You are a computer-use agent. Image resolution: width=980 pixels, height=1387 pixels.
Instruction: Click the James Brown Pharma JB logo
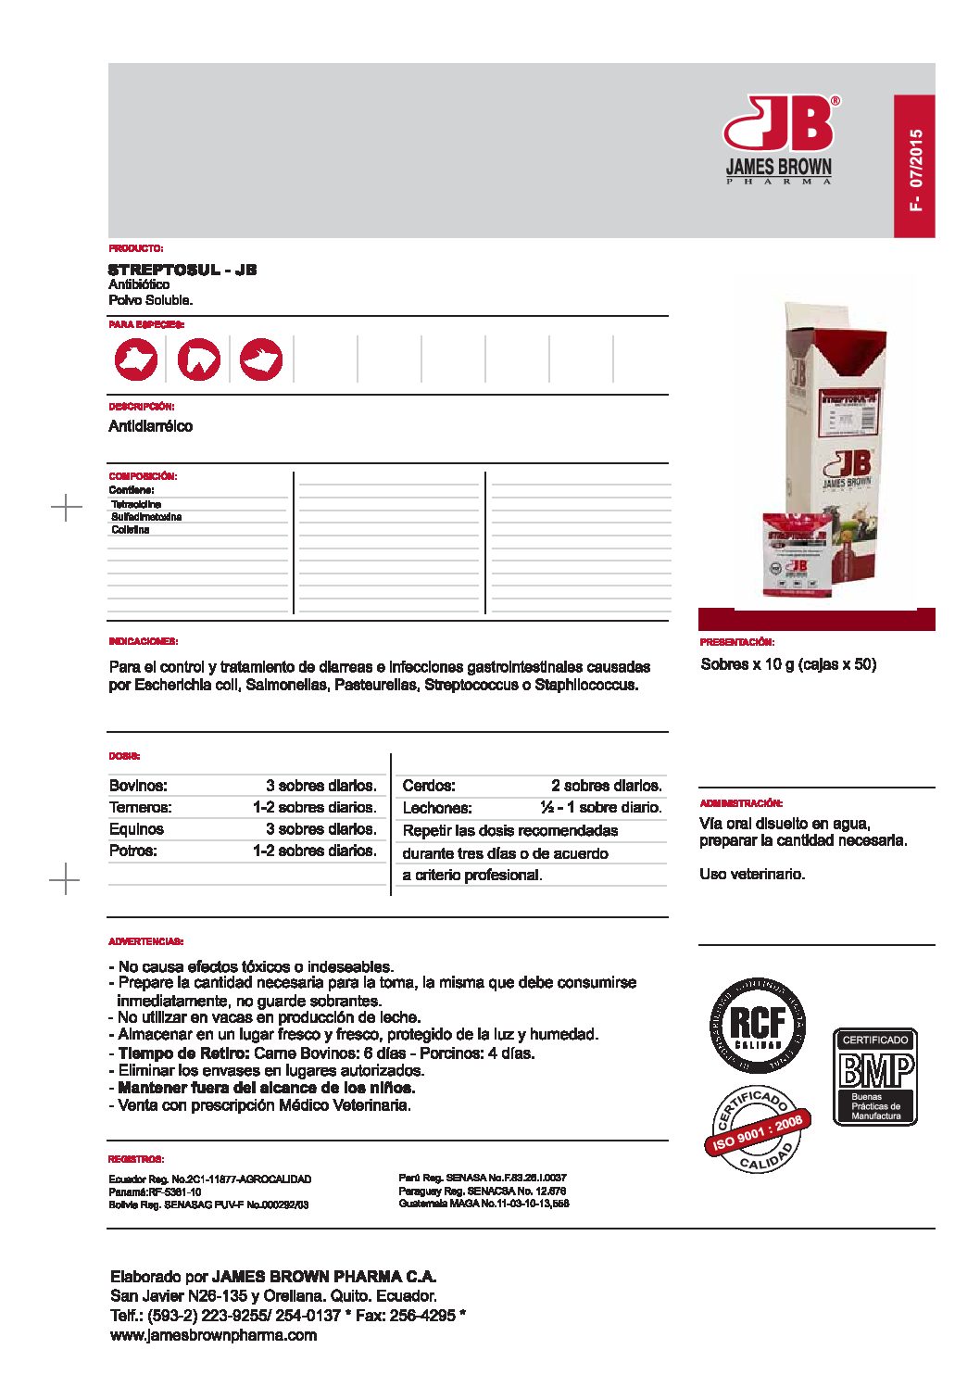[x=779, y=139]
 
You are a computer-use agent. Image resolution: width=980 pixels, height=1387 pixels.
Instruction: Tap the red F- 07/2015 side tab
[x=914, y=166]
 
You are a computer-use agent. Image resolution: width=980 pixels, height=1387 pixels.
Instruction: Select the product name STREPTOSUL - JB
[x=182, y=270]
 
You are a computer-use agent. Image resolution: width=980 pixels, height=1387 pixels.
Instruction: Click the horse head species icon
[x=199, y=359]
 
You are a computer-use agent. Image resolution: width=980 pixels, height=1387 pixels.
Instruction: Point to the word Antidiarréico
[x=151, y=426]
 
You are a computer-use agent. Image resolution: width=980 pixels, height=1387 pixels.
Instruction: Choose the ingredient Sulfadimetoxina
[x=146, y=517]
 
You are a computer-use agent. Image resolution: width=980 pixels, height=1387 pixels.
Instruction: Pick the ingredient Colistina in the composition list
[x=131, y=530]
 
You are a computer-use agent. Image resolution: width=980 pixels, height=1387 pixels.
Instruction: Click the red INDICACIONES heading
[x=144, y=641]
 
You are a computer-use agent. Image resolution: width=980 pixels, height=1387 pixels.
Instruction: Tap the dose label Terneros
[x=141, y=807]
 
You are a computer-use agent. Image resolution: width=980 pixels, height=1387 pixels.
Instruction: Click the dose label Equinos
[x=136, y=829]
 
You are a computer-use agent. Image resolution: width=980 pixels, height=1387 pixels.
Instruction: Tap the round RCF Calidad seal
[x=758, y=1025]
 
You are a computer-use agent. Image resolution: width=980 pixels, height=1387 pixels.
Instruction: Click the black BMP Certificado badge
[x=875, y=1077]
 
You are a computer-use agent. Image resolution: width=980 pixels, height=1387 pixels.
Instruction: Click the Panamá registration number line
[x=155, y=1192]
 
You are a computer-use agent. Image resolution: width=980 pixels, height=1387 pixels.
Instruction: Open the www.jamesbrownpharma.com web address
[x=213, y=1335]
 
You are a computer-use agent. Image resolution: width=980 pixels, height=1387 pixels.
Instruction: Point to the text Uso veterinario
[x=752, y=874]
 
